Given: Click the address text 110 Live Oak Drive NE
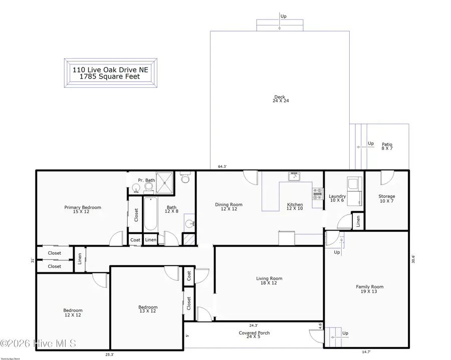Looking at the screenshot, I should [110, 70].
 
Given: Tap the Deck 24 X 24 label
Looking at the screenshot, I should [281, 99].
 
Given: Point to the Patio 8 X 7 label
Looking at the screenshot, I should [387, 146].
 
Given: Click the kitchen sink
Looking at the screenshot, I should [294, 176].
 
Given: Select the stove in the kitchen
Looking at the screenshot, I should [317, 194].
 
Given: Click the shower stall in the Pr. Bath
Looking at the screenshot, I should [166, 184].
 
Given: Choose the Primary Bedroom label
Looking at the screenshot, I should [83, 209].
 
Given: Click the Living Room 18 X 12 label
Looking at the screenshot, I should [269, 281].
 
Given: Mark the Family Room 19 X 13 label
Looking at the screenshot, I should [370, 289].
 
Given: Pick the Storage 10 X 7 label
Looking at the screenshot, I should [386, 199].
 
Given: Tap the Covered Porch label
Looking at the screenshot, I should [254, 335].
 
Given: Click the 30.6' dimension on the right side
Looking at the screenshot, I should [413, 259].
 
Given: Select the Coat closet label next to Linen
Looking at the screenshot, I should [135, 240].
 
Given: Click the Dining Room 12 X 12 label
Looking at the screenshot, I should [229, 207].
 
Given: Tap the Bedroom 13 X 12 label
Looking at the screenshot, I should [148, 309].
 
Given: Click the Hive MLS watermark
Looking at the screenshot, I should [38, 343].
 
